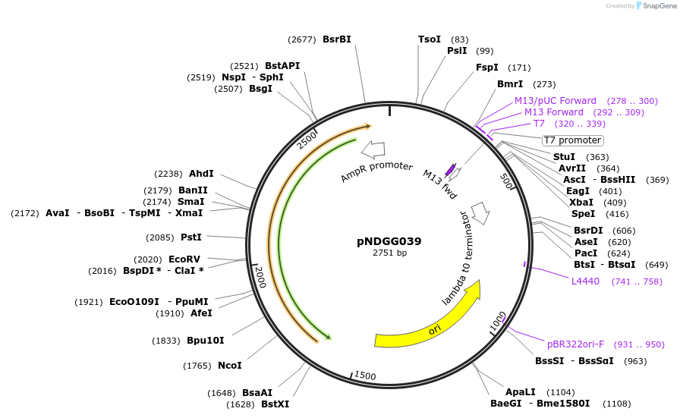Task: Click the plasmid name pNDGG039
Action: [x=389, y=241]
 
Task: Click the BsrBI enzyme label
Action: [x=337, y=39]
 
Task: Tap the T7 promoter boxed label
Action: [x=572, y=140]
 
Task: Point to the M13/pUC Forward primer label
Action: [x=556, y=101]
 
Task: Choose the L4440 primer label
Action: [x=585, y=281]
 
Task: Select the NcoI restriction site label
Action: [x=230, y=366]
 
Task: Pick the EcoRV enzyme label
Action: [x=184, y=259]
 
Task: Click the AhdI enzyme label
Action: [x=202, y=173]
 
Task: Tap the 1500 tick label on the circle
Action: [x=365, y=376]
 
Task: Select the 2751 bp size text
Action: [x=389, y=253]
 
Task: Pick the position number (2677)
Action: [x=302, y=39]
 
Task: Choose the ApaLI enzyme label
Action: [x=521, y=392]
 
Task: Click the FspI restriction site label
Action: [x=487, y=68]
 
